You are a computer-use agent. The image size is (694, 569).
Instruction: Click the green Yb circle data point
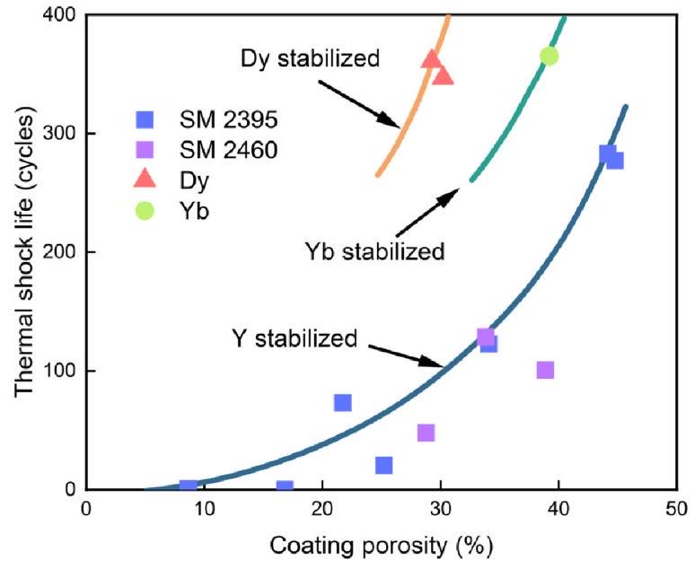point(549,56)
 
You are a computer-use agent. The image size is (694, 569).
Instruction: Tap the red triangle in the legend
point(145,179)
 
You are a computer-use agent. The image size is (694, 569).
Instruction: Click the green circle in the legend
point(145,211)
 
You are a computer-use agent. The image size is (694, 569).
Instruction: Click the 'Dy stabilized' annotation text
point(310,59)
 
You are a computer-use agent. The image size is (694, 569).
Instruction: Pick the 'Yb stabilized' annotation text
point(374,251)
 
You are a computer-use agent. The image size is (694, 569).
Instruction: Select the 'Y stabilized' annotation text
point(294,339)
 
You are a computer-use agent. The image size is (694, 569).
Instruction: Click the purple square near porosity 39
point(545,370)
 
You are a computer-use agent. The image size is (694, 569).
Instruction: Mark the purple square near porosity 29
point(426,433)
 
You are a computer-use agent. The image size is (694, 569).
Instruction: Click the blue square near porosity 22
point(342,403)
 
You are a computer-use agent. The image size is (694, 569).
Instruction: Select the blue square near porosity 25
point(383,465)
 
